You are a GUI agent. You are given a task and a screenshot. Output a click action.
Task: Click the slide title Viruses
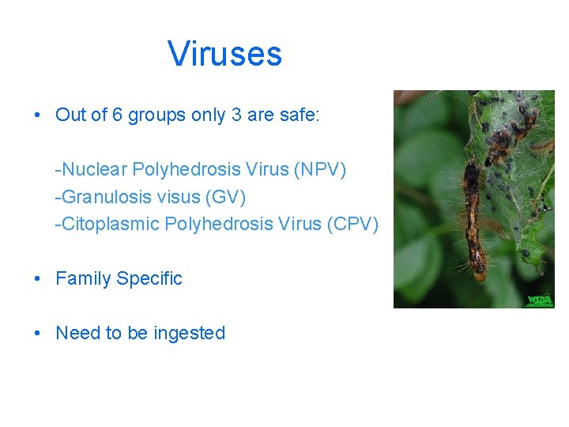(224, 54)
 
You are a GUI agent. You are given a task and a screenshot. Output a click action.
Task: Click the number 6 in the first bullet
(117, 115)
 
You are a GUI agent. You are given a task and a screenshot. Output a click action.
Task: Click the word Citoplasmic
(107, 224)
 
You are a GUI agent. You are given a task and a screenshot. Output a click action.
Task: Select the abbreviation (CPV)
(352, 224)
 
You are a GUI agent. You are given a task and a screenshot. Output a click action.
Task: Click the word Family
(83, 278)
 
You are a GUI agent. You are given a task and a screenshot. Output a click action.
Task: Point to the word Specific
(149, 278)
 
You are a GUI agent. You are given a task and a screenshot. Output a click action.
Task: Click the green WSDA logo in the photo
(541, 300)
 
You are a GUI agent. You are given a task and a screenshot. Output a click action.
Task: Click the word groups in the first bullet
(156, 115)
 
